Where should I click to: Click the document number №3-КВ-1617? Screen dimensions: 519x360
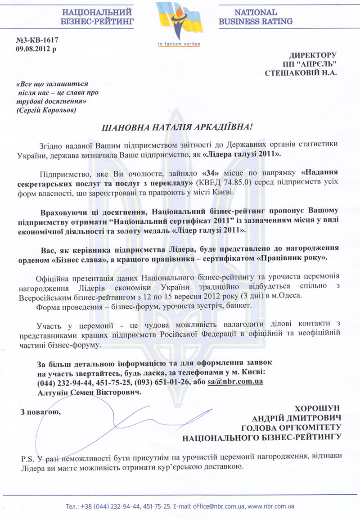(x=37, y=40)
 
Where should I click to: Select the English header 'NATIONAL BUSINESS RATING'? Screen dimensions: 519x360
(x=255, y=17)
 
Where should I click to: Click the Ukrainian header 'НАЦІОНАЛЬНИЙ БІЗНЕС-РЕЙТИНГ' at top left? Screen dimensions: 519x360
(x=97, y=17)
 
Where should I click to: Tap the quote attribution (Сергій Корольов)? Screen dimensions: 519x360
(x=46, y=110)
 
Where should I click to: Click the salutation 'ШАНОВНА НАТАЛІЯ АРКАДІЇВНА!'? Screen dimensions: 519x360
(x=179, y=128)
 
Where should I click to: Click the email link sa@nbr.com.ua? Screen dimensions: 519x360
(x=235, y=382)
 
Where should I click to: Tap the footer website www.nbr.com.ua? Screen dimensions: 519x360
(x=271, y=506)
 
